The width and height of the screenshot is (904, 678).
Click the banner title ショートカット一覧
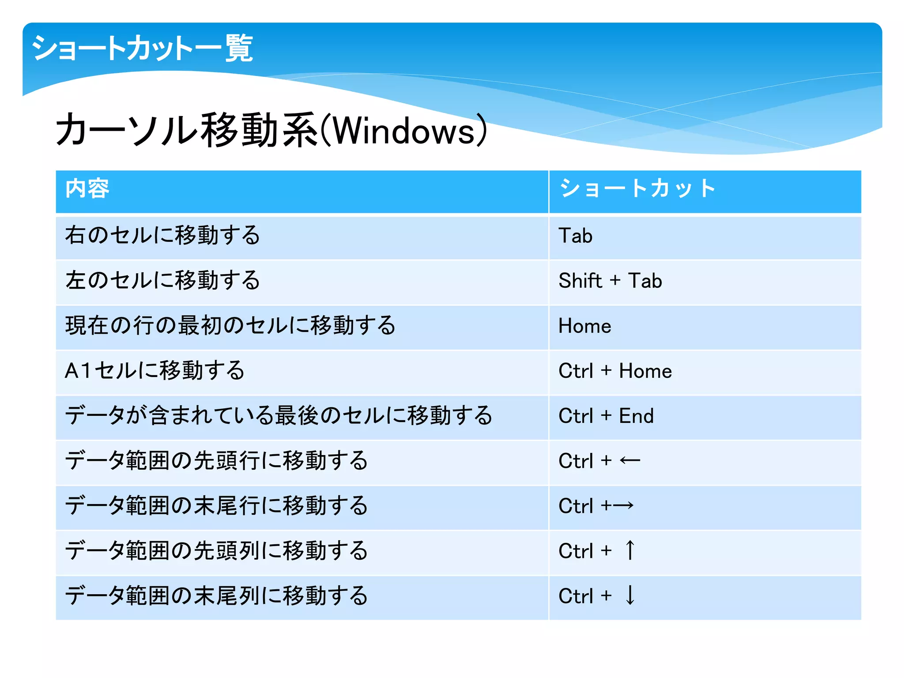pos(142,48)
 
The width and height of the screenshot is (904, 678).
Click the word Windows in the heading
pos(404,131)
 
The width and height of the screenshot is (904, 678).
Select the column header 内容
pos(87,188)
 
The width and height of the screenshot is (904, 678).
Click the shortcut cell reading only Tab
pos(575,236)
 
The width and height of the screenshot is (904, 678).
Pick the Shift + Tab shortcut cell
pos(610,281)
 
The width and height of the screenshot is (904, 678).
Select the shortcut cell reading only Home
pos(584,326)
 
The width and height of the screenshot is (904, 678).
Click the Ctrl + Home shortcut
pos(615,371)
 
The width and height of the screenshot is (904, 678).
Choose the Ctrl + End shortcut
pos(606,416)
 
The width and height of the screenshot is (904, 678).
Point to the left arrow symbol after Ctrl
pos(630,461)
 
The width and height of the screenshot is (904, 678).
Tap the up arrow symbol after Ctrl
pos(630,550)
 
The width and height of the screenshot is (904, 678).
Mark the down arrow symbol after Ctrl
pos(630,595)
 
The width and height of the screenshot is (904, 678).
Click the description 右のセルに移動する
pos(162,235)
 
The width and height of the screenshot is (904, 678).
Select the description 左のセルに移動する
pos(162,280)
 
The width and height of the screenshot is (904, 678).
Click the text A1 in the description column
pos(78,371)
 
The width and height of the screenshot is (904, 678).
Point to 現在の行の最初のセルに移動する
pos(230,325)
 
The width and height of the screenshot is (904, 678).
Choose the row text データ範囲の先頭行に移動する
pos(216,460)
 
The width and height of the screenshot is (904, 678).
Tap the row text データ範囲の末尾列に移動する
pos(216,595)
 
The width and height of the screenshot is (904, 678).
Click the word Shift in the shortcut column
pos(580,281)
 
